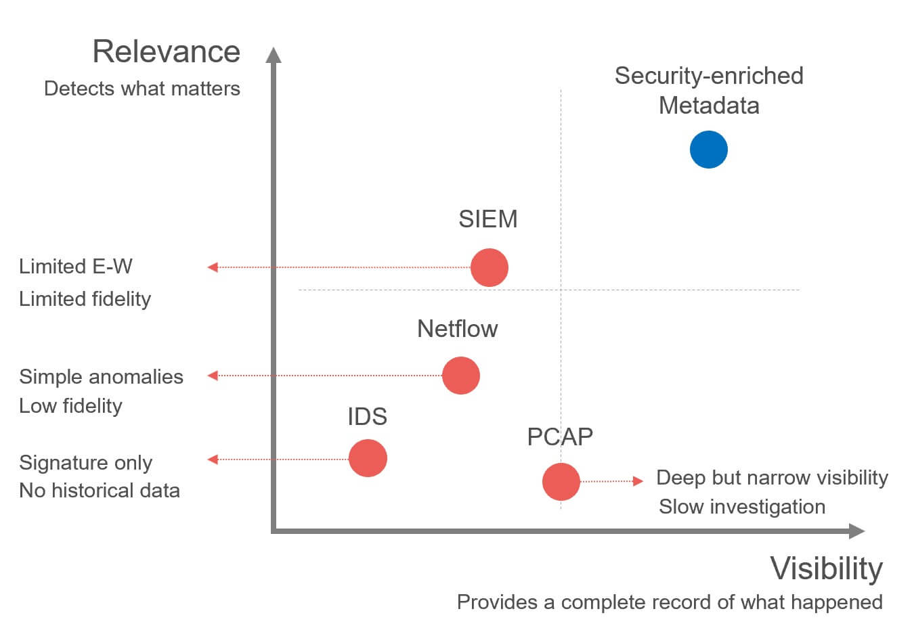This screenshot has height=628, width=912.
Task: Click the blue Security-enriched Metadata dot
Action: (708, 150)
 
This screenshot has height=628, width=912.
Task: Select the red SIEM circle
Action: (489, 267)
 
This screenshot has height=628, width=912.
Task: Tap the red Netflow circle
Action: (460, 376)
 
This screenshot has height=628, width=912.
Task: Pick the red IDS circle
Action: (368, 458)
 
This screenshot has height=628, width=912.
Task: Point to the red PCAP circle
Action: (561, 481)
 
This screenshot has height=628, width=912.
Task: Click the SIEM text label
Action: (487, 219)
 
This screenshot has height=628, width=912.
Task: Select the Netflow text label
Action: (457, 329)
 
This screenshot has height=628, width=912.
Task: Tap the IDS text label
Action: (367, 417)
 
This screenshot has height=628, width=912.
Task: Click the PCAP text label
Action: (560, 437)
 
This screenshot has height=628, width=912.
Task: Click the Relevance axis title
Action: (166, 52)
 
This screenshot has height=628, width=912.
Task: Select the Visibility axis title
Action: (826, 568)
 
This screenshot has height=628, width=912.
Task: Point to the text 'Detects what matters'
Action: (142, 89)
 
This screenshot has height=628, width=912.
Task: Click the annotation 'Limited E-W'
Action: (75, 267)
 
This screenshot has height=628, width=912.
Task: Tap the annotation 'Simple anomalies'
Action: (101, 377)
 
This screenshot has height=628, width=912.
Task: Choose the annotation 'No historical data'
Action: (100, 491)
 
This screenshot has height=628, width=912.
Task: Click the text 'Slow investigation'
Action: (741, 507)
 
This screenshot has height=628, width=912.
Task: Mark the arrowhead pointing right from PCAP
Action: (638, 481)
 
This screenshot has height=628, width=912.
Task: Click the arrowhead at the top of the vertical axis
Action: (274, 55)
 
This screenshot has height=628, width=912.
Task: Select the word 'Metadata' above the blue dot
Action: (708, 106)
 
